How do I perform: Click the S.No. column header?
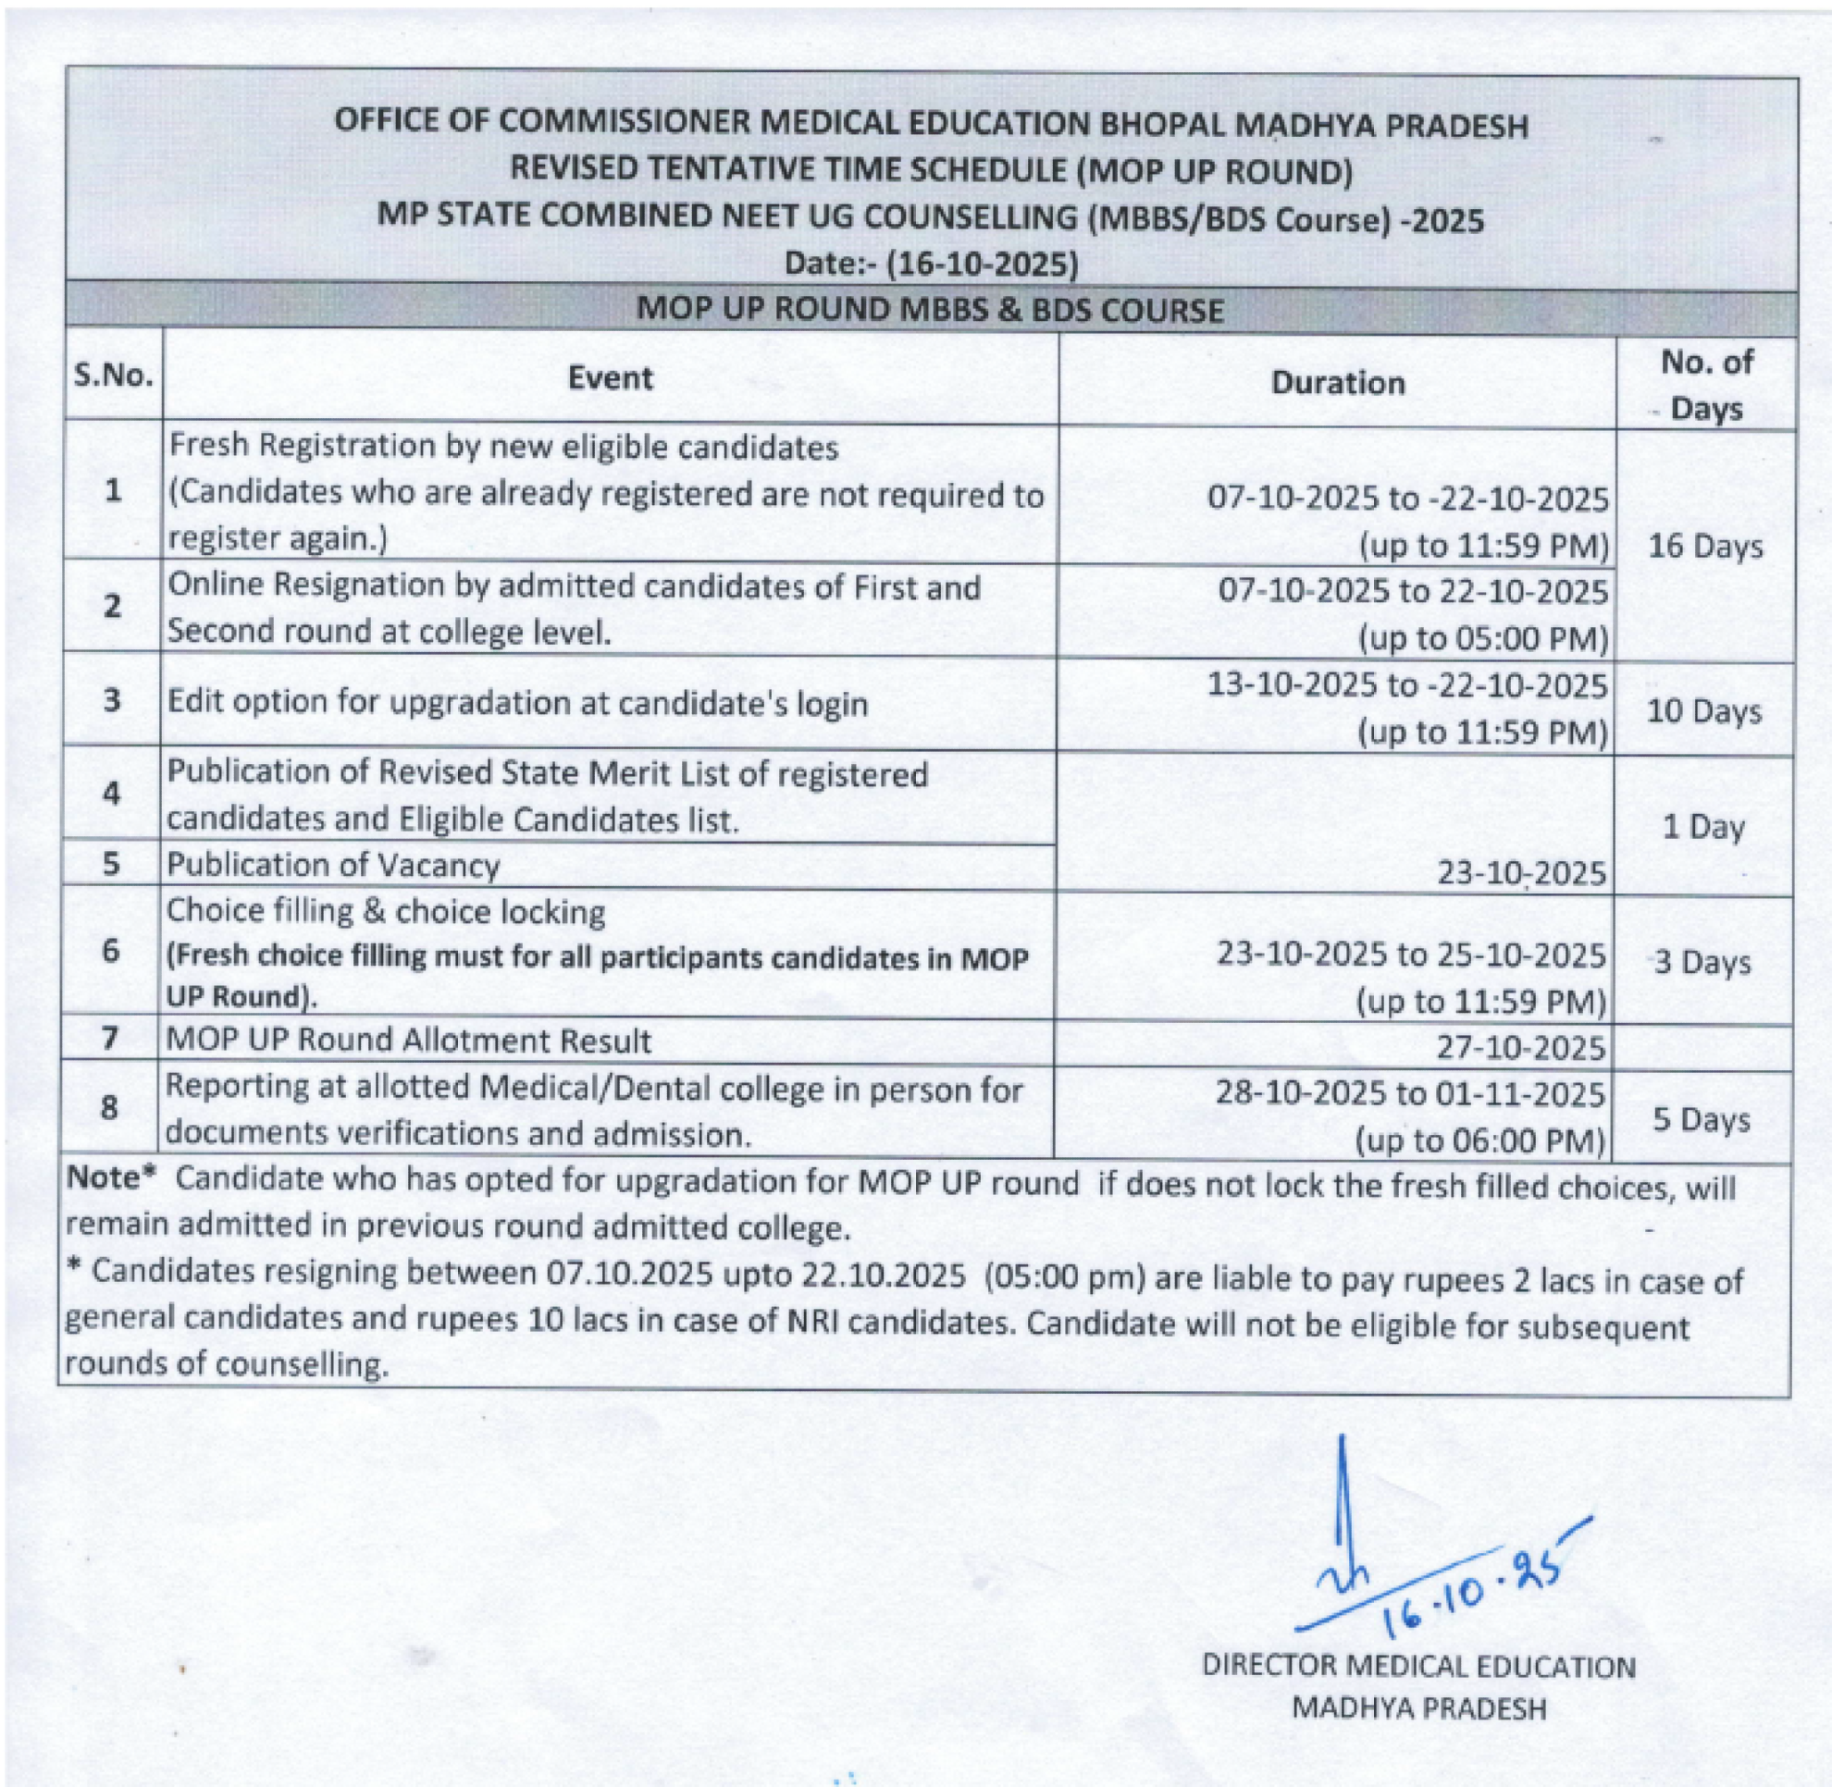[113, 376]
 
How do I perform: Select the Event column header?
[610, 378]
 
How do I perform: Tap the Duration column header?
[1337, 383]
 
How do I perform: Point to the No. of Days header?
[1705, 385]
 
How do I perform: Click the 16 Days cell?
[1705, 547]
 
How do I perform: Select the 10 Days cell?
[1703, 711]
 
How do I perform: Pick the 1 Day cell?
[1702, 827]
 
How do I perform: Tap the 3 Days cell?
[1702, 963]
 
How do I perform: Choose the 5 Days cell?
[1701, 1120]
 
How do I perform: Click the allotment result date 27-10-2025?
[1520, 1047]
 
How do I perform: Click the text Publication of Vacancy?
[333, 865]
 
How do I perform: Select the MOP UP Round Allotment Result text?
[408, 1041]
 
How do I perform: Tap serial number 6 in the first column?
[111, 951]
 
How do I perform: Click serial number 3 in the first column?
[112, 700]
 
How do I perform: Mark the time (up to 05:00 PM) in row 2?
[1483, 639]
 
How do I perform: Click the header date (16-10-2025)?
[982, 264]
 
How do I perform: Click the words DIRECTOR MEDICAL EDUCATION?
[1417, 1667]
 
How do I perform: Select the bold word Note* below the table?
[109, 1179]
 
